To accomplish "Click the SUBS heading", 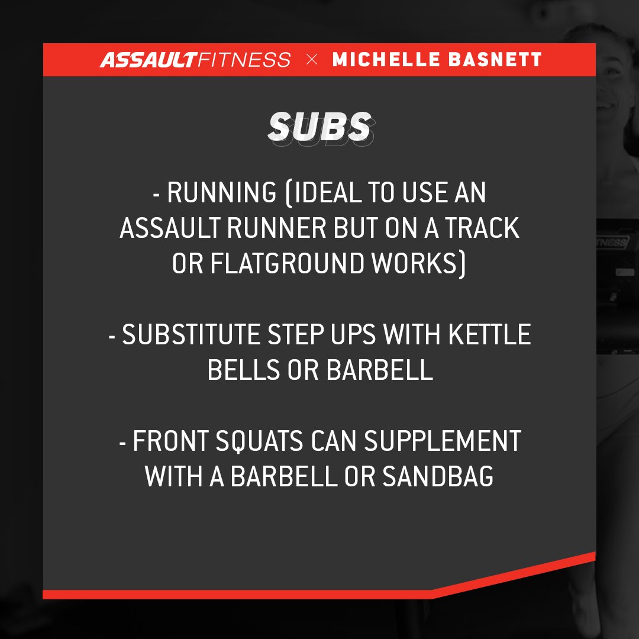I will tap(319, 127).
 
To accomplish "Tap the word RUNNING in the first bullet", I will tap(221, 193).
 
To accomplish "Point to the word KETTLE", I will tap(489, 335).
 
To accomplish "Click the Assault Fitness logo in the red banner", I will tap(195, 60).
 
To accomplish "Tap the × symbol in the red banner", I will tap(311, 60).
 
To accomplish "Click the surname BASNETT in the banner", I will tap(496, 60).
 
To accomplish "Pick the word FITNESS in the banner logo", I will tap(244, 60).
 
